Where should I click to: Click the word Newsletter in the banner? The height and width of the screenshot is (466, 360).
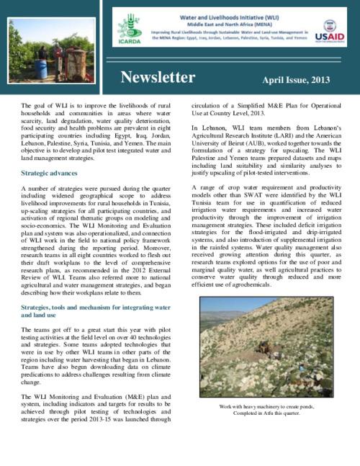click(158, 78)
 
